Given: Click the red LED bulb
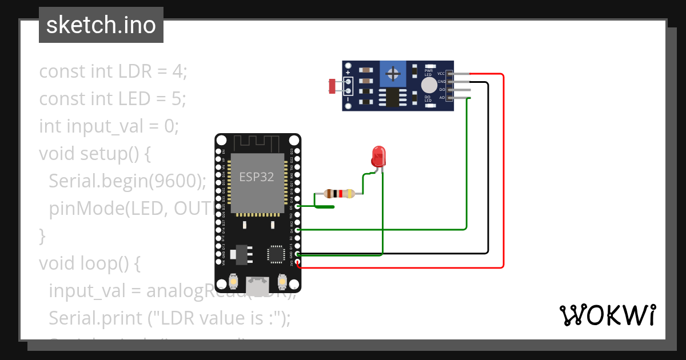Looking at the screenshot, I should click(x=378, y=156).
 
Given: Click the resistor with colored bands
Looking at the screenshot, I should click(x=339, y=193).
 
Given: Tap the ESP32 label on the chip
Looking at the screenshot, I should click(x=257, y=177).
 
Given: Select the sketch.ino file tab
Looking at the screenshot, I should click(x=101, y=25).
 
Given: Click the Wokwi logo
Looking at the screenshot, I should click(x=607, y=315).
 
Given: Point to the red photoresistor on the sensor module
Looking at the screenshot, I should click(x=332, y=86).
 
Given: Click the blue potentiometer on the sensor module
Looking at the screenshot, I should click(x=393, y=74).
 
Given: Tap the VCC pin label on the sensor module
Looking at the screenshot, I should click(x=441, y=74).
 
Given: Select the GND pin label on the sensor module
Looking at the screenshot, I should click(x=441, y=82).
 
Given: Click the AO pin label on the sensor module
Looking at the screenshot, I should click(x=441, y=98).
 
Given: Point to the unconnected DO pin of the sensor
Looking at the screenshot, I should click(x=460, y=90).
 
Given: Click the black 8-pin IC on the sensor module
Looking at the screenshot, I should click(x=393, y=97).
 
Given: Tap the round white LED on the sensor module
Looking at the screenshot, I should click(x=428, y=86).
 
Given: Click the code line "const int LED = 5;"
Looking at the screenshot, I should click(x=113, y=99).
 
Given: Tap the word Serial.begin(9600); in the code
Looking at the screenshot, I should click(x=127, y=181).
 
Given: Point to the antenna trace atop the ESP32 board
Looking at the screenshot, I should click(x=257, y=142).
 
